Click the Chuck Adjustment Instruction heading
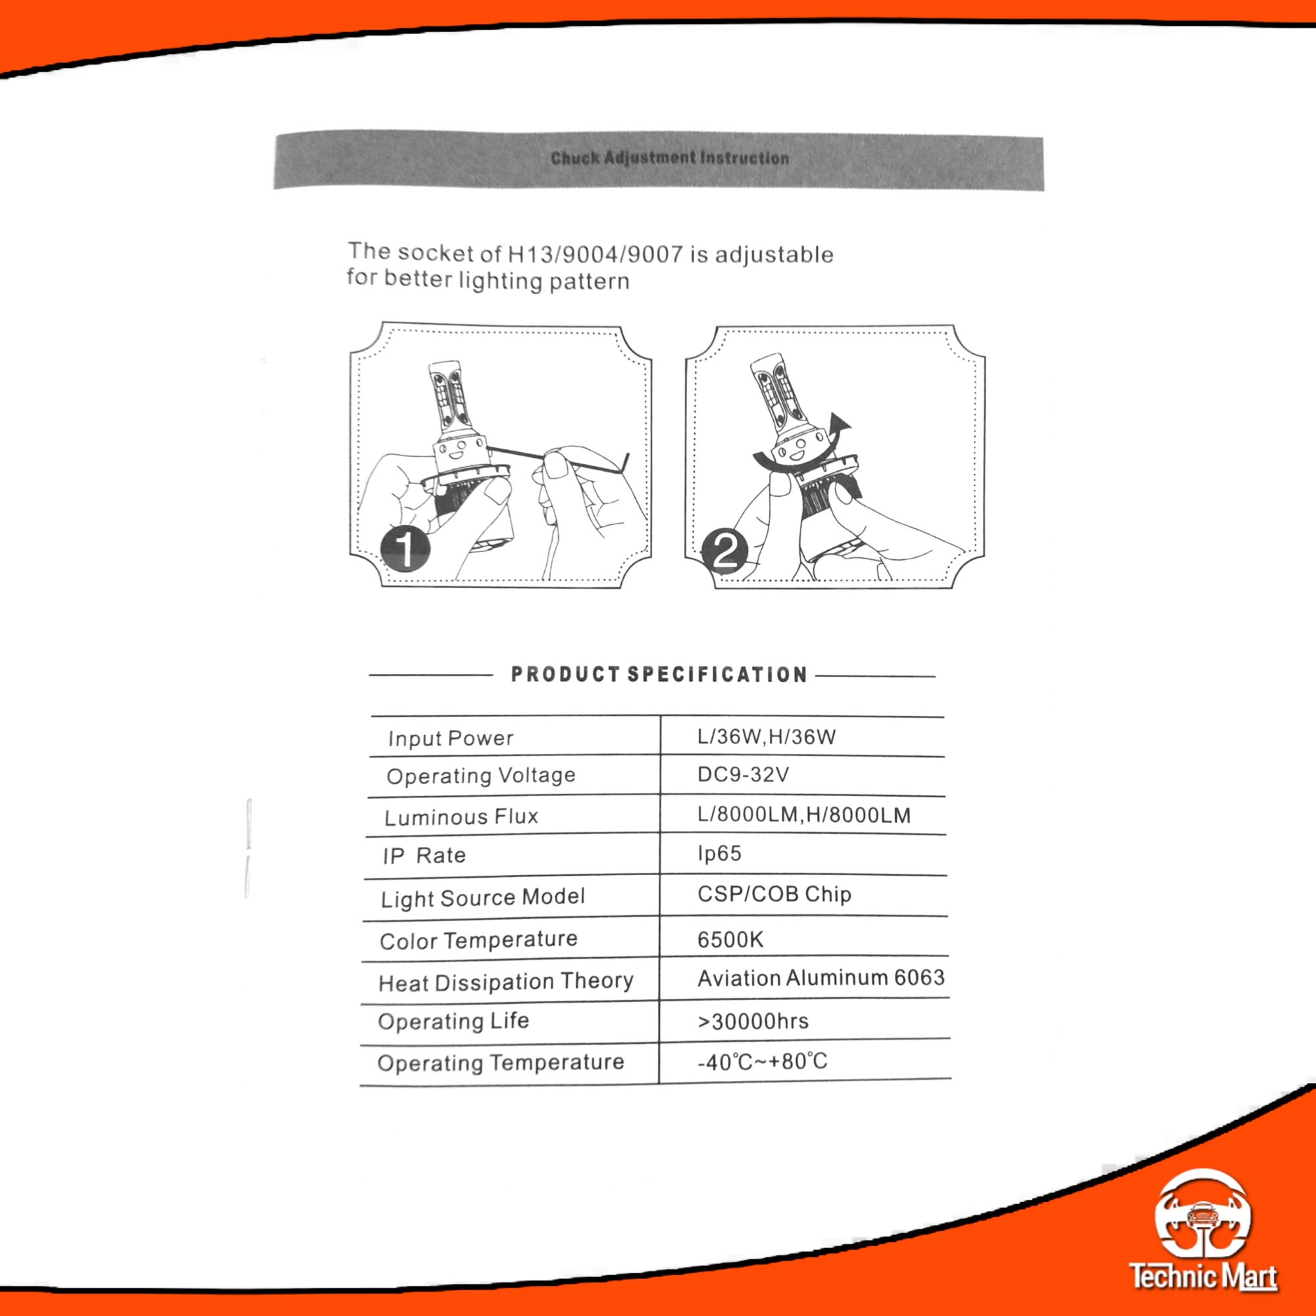(x=670, y=158)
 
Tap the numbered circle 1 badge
(x=405, y=549)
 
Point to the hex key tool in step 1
(x=559, y=459)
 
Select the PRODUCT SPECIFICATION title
(x=659, y=674)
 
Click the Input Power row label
(x=450, y=738)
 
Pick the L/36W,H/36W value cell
(x=767, y=736)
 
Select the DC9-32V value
(x=742, y=774)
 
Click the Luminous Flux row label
(x=461, y=817)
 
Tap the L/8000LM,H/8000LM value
(x=804, y=815)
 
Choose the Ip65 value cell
(x=719, y=853)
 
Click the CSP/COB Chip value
(x=774, y=894)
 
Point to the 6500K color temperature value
(x=730, y=940)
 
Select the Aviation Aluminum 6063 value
(x=821, y=978)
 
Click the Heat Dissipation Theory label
(x=506, y=982)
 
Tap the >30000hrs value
(x=753, y=1021)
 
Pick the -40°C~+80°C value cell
(x=762, y=1061)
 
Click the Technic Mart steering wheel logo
(x=1203, y=1215)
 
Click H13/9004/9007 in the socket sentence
(x=595, y=254)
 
